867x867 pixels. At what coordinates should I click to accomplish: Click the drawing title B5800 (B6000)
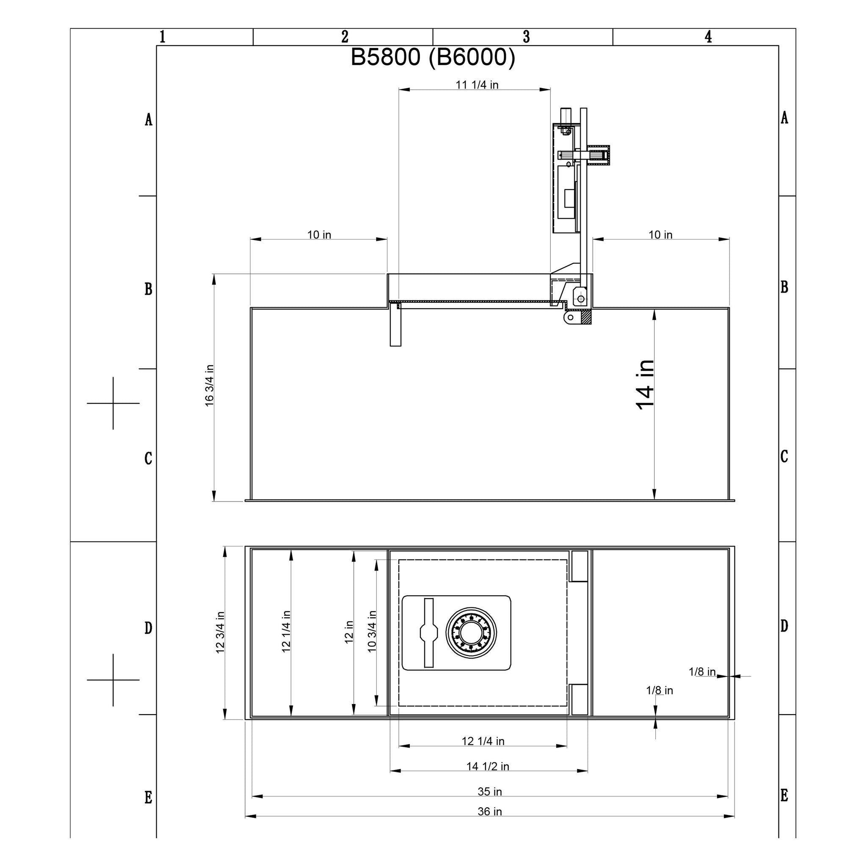coord(433,58)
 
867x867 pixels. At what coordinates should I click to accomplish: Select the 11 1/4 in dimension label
coord(477,85)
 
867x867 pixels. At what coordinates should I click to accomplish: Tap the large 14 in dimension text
coord(645,385)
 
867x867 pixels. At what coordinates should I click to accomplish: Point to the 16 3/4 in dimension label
coord(210,386)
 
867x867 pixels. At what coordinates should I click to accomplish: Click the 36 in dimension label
coord(490,824)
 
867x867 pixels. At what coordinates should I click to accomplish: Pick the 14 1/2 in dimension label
coord(488,779)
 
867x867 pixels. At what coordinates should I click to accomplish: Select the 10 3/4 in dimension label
coord(372,631)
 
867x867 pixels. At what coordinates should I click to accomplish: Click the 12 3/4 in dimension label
coord(220,632)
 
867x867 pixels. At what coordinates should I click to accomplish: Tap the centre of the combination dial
coord(471,633)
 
